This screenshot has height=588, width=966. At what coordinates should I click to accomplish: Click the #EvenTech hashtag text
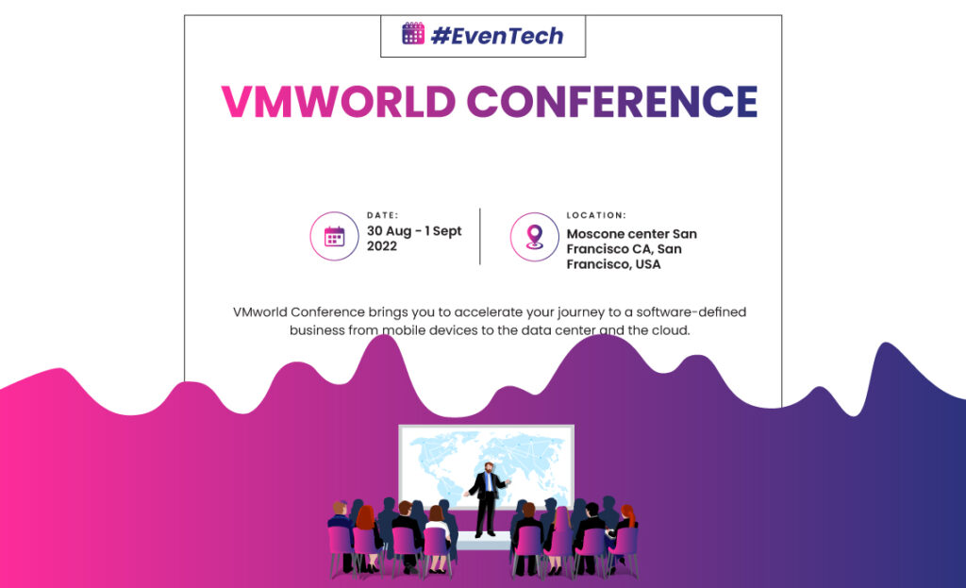click(497, 36)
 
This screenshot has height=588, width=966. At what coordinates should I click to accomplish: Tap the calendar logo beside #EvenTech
click(413, 33)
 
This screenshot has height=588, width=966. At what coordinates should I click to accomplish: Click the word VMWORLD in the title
click(339, 102)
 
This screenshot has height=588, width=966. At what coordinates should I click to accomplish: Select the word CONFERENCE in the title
click(611, 102)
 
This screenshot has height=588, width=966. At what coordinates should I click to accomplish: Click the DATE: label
click(383, 215)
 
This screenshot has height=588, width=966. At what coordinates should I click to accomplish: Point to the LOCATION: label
click(596, 215)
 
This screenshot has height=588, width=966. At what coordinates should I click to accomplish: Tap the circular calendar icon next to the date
click(335, 236)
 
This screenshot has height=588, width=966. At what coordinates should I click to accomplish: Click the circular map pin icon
click(535, 237)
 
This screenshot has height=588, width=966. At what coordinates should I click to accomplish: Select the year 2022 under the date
click(382, 246)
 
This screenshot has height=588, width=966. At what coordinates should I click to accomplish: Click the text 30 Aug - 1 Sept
click(414, 231)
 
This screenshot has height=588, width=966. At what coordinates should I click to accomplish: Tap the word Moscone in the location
click(592, 234)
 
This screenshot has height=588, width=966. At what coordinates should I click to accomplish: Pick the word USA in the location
click(648, 264)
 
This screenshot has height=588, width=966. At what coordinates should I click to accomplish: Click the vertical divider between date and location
click(480, 237)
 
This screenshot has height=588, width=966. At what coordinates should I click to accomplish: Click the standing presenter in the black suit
click(488, 499)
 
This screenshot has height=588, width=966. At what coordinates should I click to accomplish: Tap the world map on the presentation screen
click(487, 465)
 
